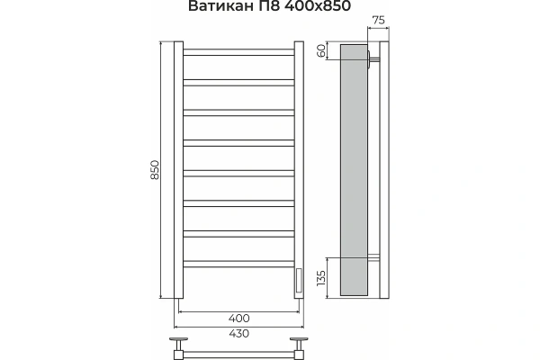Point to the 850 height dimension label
coord(154,171)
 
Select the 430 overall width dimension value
coord(239,334)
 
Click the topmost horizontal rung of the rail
coord(239,52)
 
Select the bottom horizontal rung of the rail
coord(239,264)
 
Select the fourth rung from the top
coord(239,142)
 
